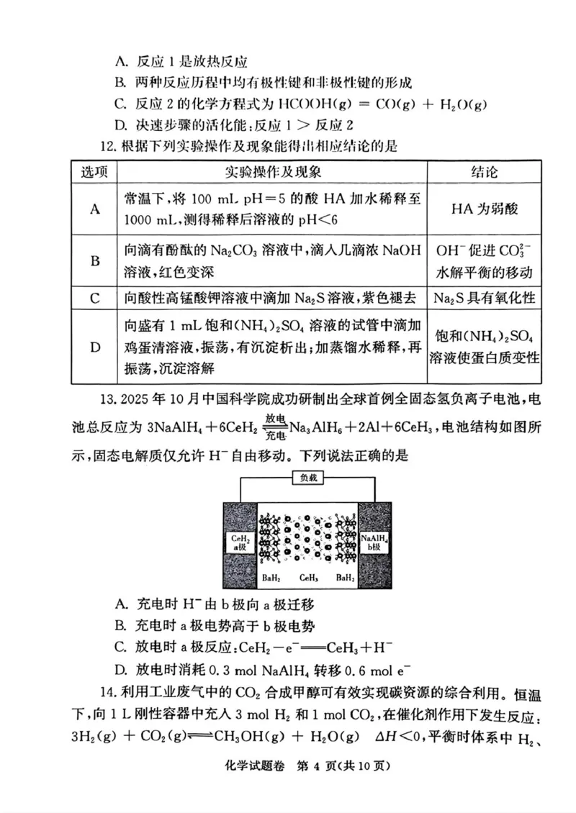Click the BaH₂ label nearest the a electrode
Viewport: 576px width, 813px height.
[272, 578]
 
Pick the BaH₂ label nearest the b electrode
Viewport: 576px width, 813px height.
[344, 578]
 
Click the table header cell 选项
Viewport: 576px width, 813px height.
[94, 173]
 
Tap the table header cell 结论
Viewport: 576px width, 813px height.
[485, 173]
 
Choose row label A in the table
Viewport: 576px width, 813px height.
[94, 209]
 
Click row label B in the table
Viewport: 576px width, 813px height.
[94, 260]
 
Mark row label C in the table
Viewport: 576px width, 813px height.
[94, 297]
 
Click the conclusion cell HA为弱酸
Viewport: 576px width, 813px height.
[485, 209]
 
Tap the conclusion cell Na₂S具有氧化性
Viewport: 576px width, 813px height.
[485, 297]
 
